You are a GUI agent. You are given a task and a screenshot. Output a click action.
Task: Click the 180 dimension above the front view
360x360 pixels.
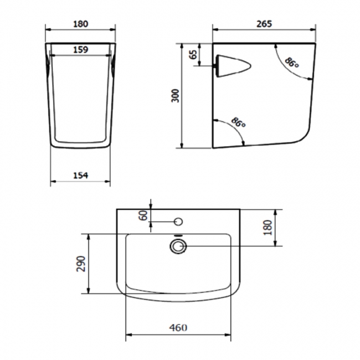[x=80, y=24]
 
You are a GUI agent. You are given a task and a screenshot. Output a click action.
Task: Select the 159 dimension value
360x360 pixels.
[x=80, y=49]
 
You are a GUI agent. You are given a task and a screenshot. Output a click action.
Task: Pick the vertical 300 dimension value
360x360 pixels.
[x=176, y=96]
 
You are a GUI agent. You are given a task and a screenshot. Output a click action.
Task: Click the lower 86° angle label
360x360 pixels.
[x=238, y=123]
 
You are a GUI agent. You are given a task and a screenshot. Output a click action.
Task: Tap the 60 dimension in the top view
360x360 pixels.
[x=145, y=215]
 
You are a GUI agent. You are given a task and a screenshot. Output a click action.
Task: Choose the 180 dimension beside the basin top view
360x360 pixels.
[x=268, y=227]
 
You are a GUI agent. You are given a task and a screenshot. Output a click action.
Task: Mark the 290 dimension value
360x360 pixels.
[x=81, y=264]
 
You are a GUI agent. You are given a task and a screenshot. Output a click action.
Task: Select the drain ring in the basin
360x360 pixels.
[x=178, y=245]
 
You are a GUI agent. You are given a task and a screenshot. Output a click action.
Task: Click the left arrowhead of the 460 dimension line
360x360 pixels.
[x=129, y=335]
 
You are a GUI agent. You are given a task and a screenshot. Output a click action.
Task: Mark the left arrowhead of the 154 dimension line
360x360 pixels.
[x=52, y=182]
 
